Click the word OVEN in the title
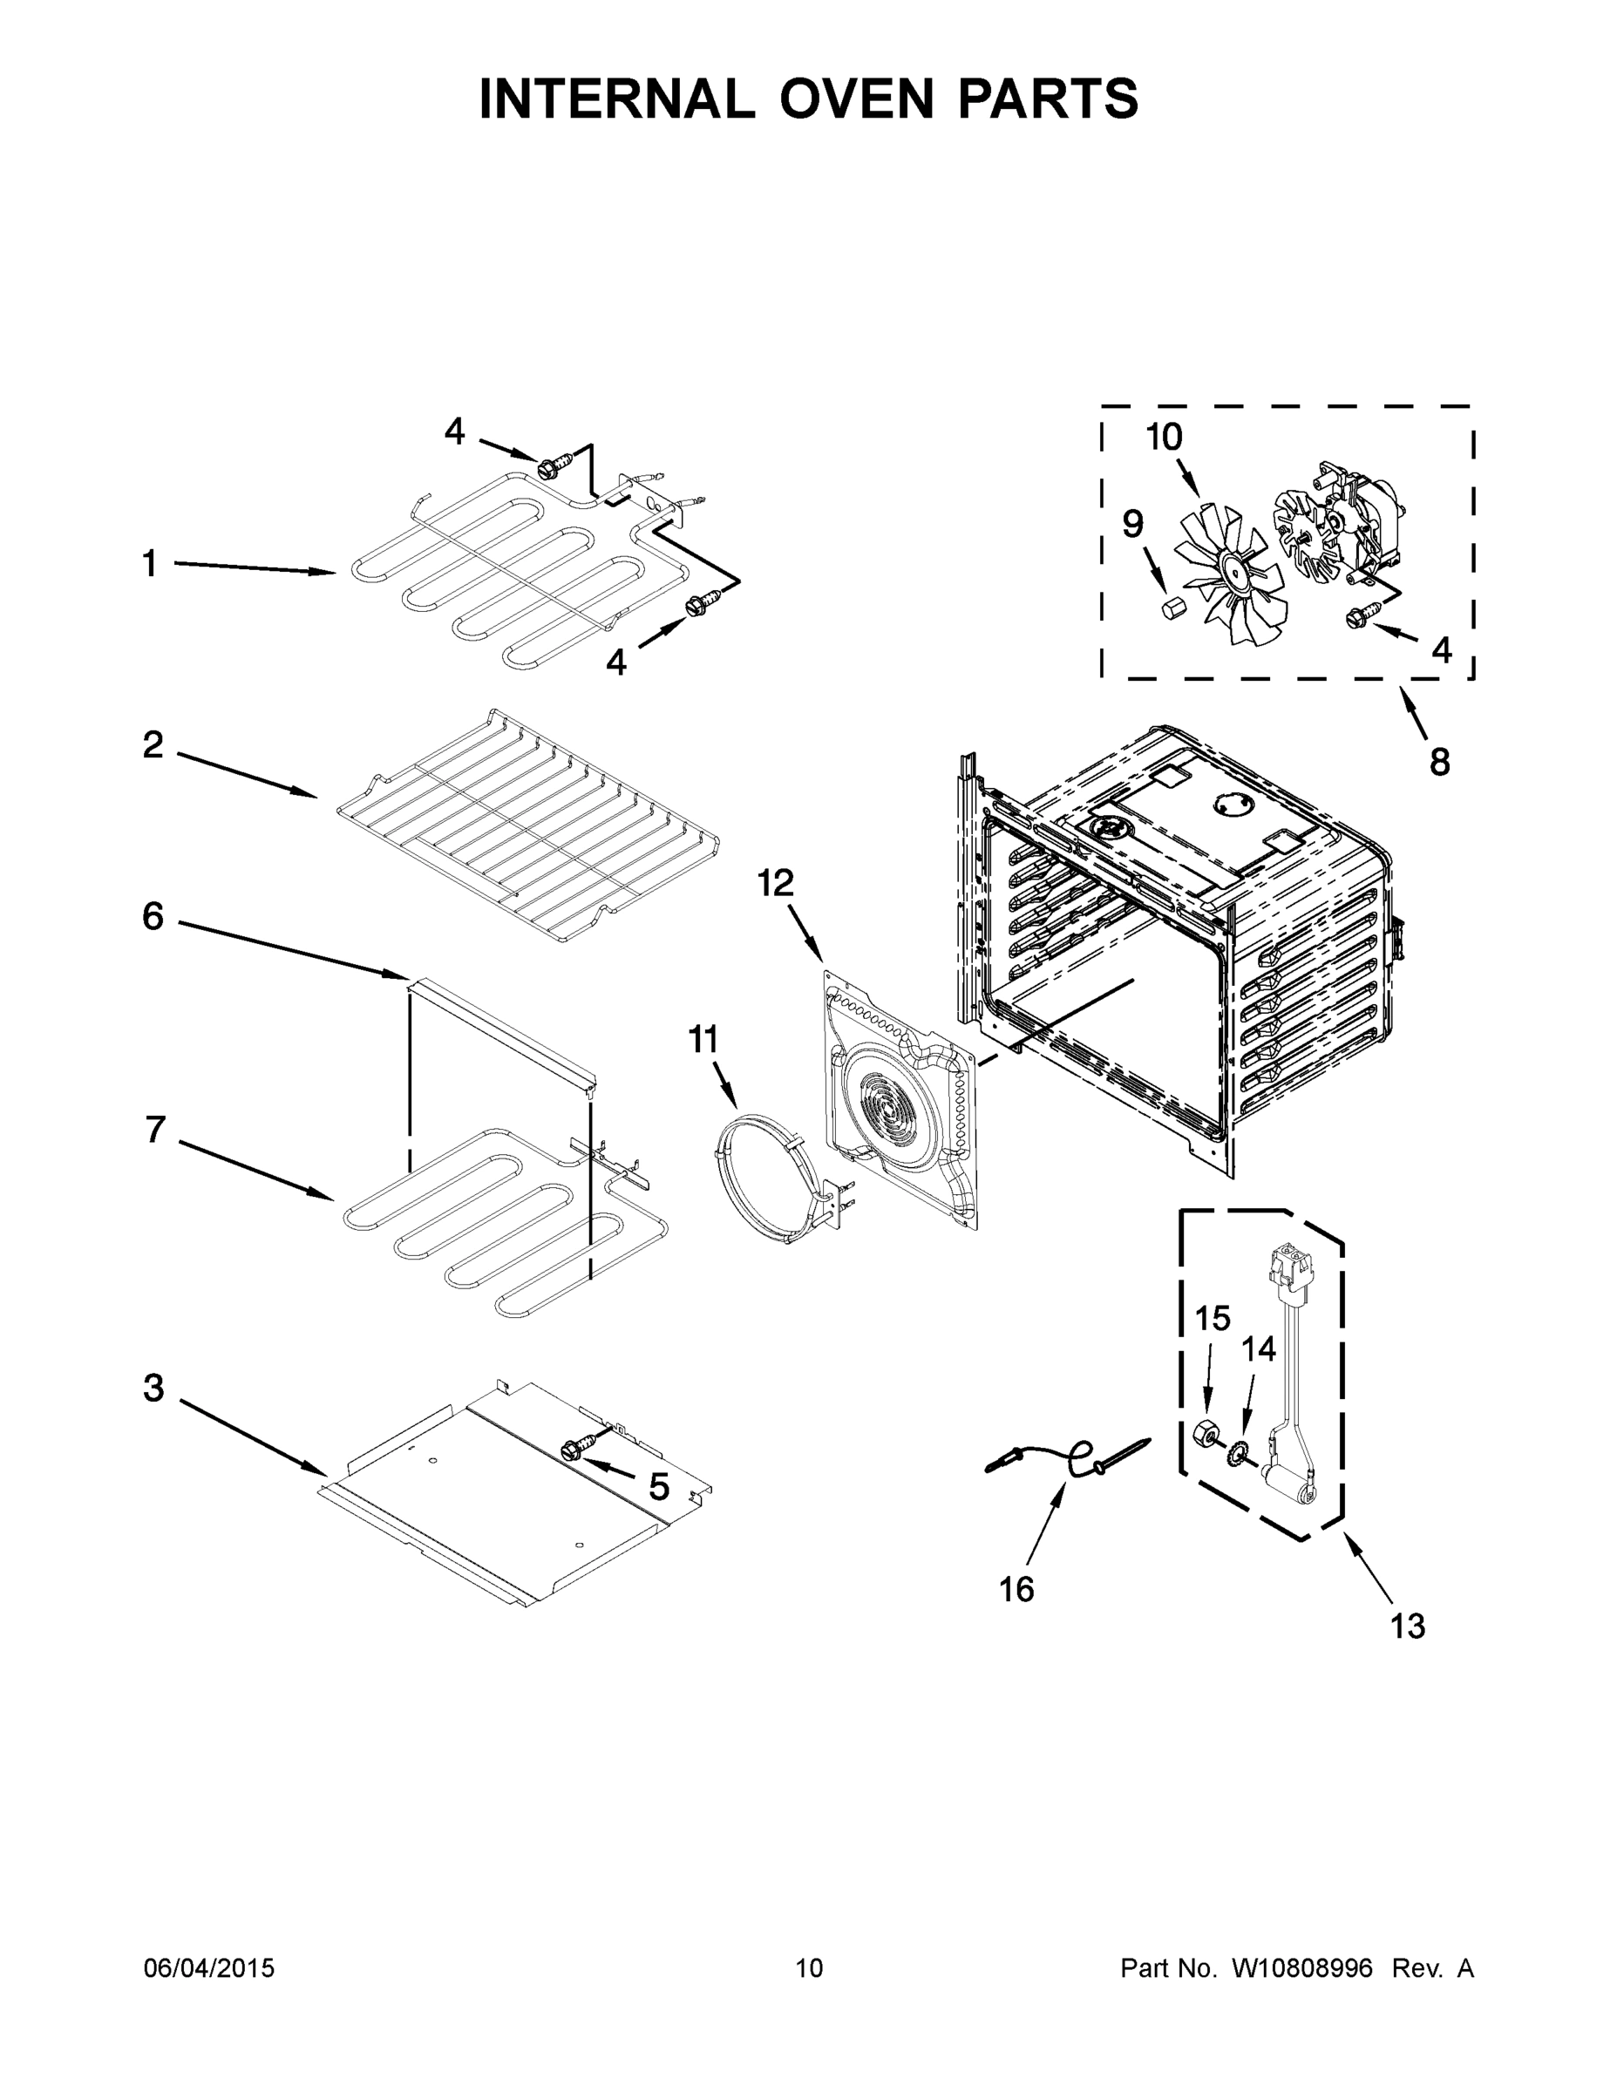point(855,98)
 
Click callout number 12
point(775,883)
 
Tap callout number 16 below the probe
point(1016,1589)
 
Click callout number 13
point(1407,1626)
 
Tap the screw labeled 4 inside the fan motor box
point(1360,616)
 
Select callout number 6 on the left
point(153,917)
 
